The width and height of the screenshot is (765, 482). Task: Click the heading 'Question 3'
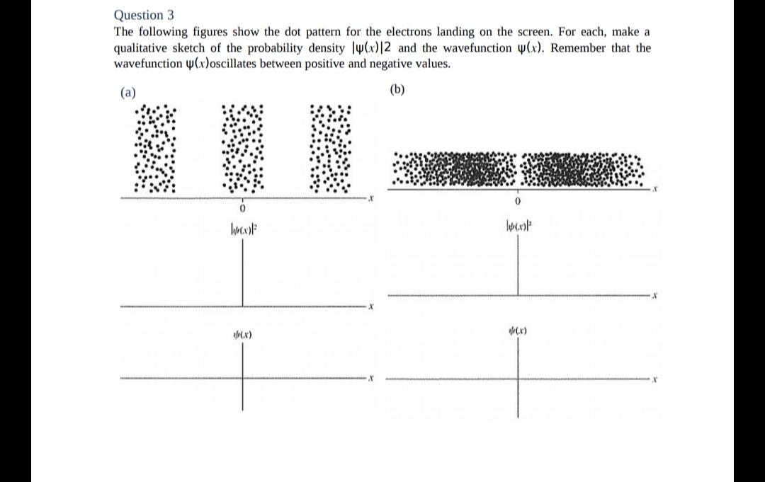tap(144, 15)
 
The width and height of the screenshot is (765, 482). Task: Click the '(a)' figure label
tap(127, 93)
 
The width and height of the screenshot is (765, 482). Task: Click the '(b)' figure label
tap(398, 89)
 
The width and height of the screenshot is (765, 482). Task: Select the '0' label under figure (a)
tap(242, 210)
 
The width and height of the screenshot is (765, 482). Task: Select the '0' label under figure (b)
tap(518, 202)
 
